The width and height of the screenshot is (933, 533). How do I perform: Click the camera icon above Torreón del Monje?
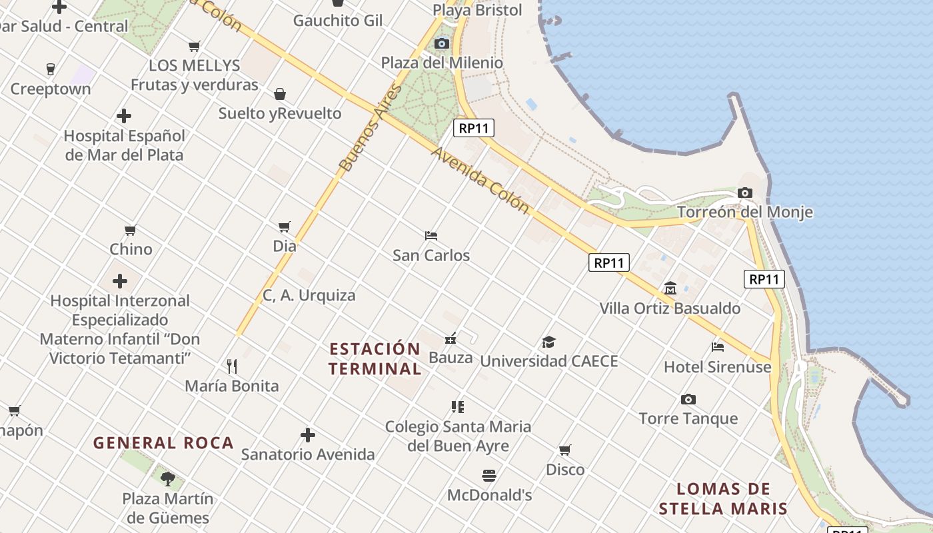(x=745, y=193)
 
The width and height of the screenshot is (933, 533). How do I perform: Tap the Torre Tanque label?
(x=688, y=418)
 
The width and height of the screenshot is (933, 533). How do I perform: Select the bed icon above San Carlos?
(x=431, y=236)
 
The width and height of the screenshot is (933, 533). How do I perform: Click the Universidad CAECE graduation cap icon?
(x=548, y=342)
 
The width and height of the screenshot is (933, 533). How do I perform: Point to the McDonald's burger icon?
(x=489, y=476)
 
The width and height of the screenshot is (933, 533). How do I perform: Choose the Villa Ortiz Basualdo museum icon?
(x=670, y=288)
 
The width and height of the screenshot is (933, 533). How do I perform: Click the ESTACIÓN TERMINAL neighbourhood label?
(x=375, y=358)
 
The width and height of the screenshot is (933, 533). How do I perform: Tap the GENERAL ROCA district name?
(x=163, y=443)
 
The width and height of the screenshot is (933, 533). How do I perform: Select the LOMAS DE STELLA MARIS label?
(x=723, y=499)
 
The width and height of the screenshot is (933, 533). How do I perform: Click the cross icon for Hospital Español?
(x=124, y=116)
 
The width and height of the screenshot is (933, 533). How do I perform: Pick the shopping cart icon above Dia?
(x=285, y=227)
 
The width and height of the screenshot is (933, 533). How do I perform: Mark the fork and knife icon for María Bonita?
(x=232, y=366)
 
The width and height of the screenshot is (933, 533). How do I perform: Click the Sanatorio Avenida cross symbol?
(x=308, y=435)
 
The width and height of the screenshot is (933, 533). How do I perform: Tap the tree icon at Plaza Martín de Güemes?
(x=168, y=478)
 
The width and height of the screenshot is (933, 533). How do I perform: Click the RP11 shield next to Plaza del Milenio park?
(x=474, y=128)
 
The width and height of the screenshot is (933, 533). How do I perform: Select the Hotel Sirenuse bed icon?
(x=718, y=346)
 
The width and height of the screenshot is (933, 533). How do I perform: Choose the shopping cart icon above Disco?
(x=565, y=450)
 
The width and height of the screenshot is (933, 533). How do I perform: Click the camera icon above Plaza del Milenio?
(x=441, y=44)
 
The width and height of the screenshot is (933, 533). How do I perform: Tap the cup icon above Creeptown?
(x=50, y=69)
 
